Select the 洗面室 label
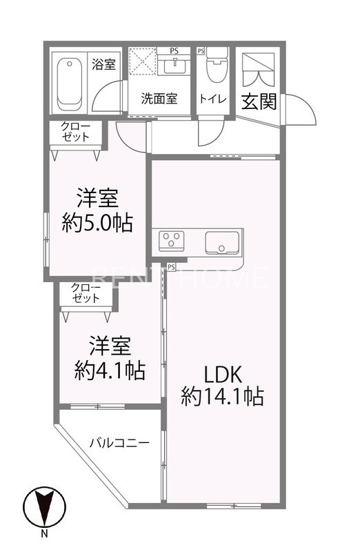click(159, 99)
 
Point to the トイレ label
click(214, 99)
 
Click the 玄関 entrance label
click(259, 101)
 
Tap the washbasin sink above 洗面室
click(176, 68)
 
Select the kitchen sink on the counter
click(222, 243)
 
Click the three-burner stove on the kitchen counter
click(172, 241)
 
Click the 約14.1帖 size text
click(222, 397)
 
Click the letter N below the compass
click(43, 534)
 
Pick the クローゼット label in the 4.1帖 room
click(86, 293)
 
